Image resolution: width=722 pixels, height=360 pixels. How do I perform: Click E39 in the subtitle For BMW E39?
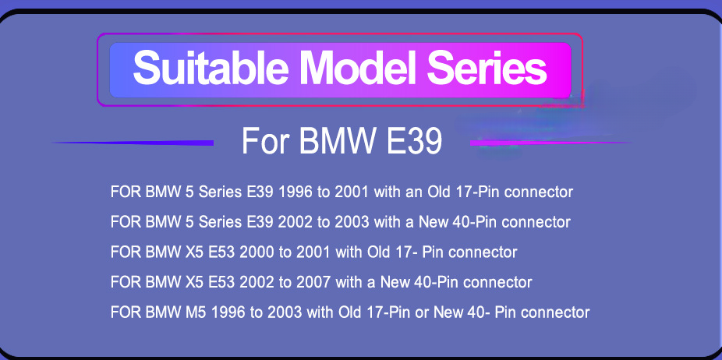click(414, 141)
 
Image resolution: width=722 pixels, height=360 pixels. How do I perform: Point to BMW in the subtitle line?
click(336, 141)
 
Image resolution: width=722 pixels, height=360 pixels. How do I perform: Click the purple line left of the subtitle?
click(133, 143)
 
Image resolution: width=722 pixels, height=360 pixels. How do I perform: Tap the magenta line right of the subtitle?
click(550, 143)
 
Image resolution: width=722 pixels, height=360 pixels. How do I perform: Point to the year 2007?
click(314, 282)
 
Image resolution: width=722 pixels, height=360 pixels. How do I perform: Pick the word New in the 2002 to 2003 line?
click(434, 222)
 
